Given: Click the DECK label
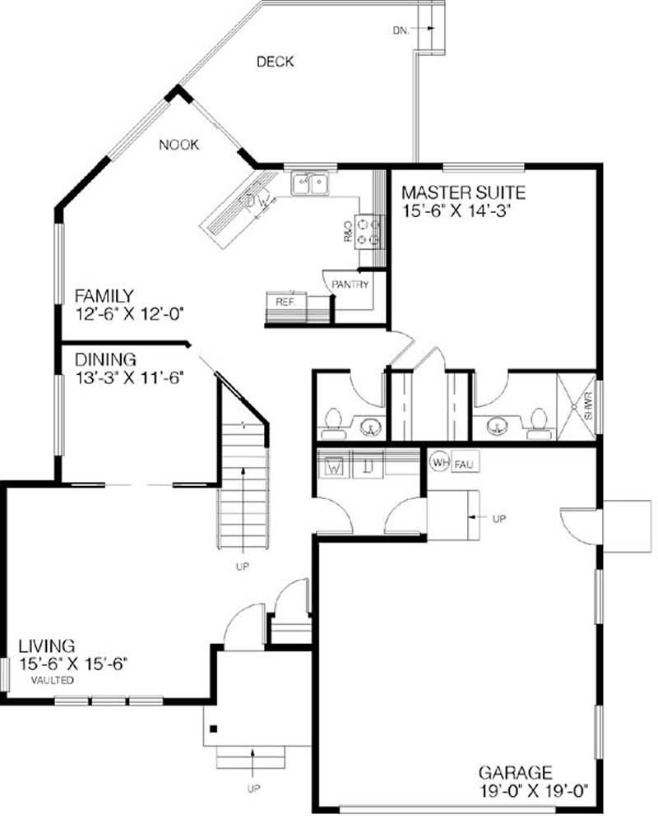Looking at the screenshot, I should pyautogui.click(x=275, y=62).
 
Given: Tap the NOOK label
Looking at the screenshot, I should pyautogui.click(x=179, y=145).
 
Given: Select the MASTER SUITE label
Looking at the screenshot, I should pyautogui.click(x=462, y=193).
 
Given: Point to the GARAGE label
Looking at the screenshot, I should pyautogui.click(x=515, y=773).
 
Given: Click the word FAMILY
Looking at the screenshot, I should pyautogui.click(x=104, y=295).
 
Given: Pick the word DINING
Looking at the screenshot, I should pyautogui.click(x=105, y=359).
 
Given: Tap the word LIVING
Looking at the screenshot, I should pyautogui.click(x=48, y=646).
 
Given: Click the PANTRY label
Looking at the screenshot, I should pyautogui.click(x=350, y=285).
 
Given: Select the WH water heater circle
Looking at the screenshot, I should pyautogui.click(x=439, y=463).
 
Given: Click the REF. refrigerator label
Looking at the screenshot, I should pyautogui.click(x=285, y=301).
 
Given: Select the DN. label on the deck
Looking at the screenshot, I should pyautogui.click(x=401, y=31).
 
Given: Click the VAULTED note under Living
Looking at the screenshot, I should pyautogui.click(x=53, y=681).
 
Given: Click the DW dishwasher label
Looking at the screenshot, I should pyautogui.click(x=252, y=201).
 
